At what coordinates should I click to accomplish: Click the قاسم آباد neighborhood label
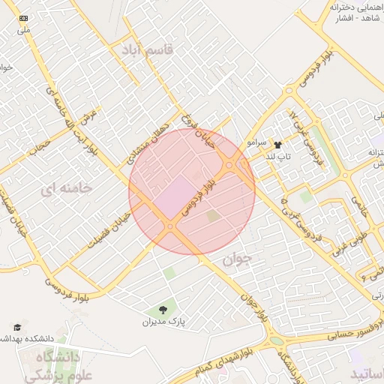[146, 50]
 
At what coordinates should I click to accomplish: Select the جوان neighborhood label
[238, 259]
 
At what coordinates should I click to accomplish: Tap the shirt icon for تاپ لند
[278, 145]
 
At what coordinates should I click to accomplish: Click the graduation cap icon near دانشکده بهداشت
[16, 327]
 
